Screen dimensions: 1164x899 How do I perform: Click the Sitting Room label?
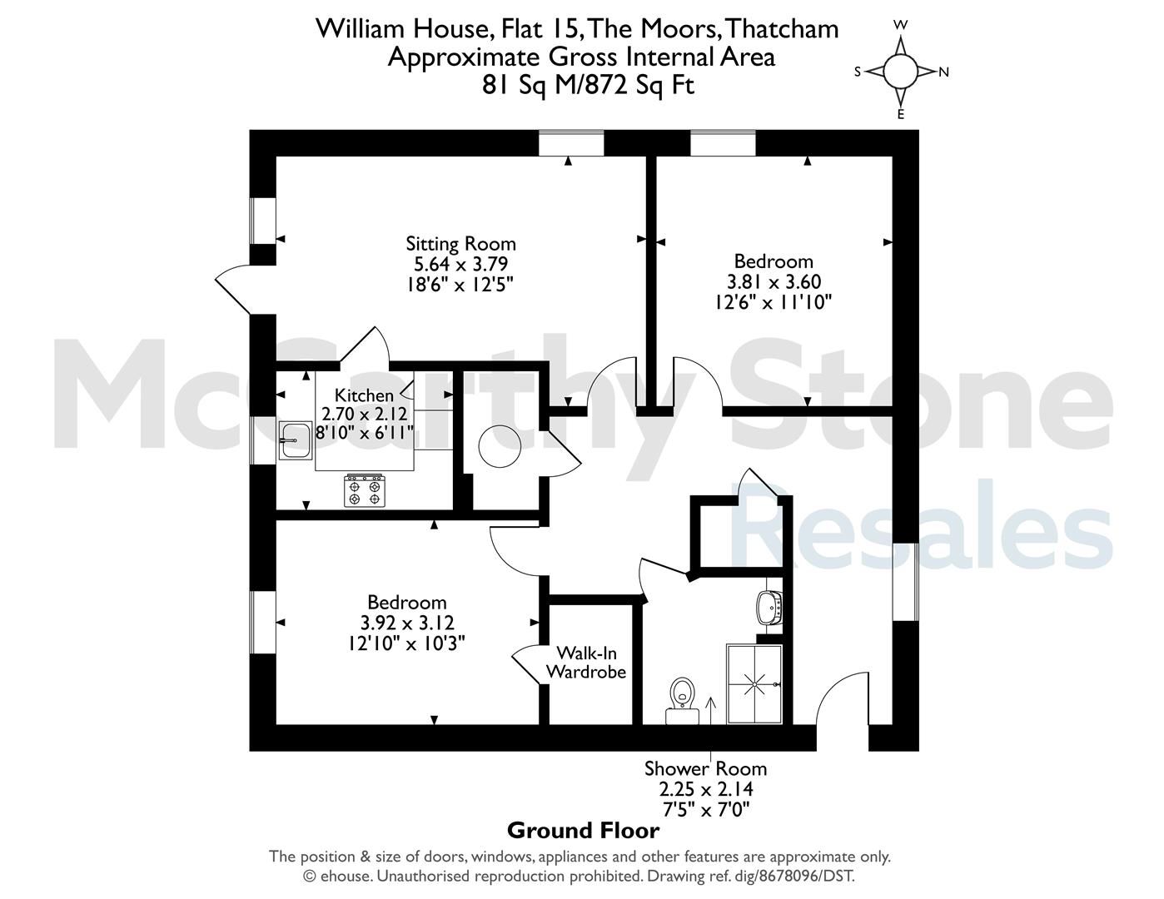460,244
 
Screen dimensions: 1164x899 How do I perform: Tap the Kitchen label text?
364,395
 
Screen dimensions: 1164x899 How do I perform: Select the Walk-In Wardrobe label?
586,663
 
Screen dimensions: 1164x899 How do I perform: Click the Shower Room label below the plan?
705,769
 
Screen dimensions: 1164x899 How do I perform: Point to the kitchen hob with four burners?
364,490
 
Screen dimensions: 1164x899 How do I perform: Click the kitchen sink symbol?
295,440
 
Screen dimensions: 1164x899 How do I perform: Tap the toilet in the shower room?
683,701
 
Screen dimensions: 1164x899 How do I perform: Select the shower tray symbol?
754,684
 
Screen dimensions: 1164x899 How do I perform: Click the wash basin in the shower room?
769,608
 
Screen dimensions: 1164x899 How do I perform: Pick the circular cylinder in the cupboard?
500,446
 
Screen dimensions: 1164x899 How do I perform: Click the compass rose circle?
900,72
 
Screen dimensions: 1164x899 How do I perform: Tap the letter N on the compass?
944,72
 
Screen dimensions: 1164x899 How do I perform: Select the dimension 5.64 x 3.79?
460,264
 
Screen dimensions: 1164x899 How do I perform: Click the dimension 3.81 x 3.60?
774,281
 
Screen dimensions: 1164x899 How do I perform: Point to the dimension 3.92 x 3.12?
407,623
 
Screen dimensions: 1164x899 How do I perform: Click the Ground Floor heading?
584,831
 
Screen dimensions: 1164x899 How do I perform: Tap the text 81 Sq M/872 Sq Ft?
588,84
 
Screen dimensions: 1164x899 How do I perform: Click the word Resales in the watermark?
923,524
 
